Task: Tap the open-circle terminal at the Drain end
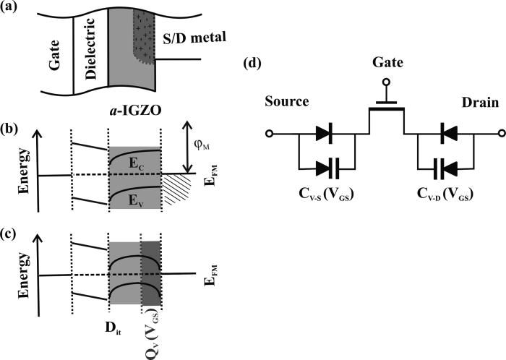point(499,134)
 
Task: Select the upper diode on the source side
point(324,134)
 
